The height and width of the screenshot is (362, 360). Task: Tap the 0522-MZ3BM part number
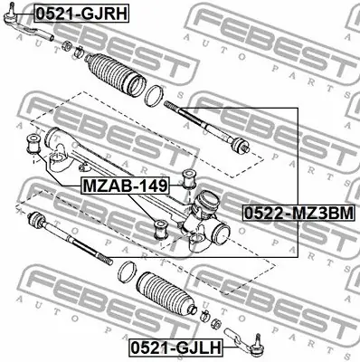(x=298, y=214)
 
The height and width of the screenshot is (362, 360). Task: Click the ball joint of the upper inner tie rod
(x=240, y=146)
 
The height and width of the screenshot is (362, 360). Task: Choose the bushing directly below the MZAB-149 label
(x=161, y=228)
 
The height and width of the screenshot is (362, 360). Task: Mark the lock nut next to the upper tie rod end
(x=64, y=43)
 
